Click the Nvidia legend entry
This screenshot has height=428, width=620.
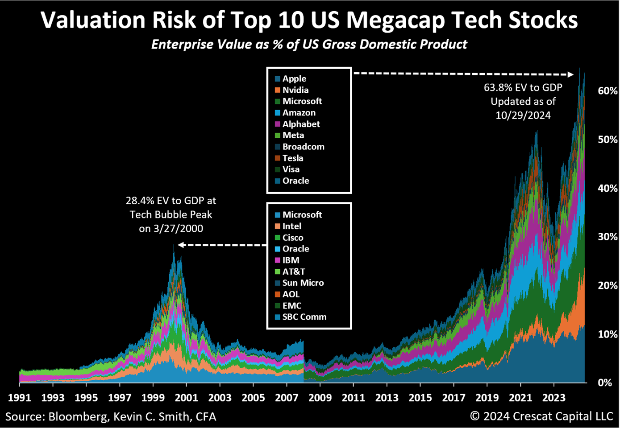(295, 90)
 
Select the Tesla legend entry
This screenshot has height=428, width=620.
(292, 158)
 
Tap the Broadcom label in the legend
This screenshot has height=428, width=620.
(303, 147)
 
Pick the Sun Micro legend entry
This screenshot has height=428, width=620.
(303, 283)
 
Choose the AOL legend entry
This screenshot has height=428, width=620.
(291, 294)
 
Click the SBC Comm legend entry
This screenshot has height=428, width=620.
(304, 317)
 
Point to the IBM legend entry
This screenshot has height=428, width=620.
(291, 260)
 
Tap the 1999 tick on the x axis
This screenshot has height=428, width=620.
(153, 397)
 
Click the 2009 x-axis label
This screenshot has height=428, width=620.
(320, 397)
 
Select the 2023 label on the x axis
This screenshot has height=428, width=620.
(553, 397)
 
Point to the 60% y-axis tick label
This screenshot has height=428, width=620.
(608, 91)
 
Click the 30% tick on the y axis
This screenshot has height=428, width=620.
(608, 237)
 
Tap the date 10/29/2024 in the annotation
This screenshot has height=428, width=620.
(523, 115)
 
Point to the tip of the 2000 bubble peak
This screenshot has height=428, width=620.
(174, 245)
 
